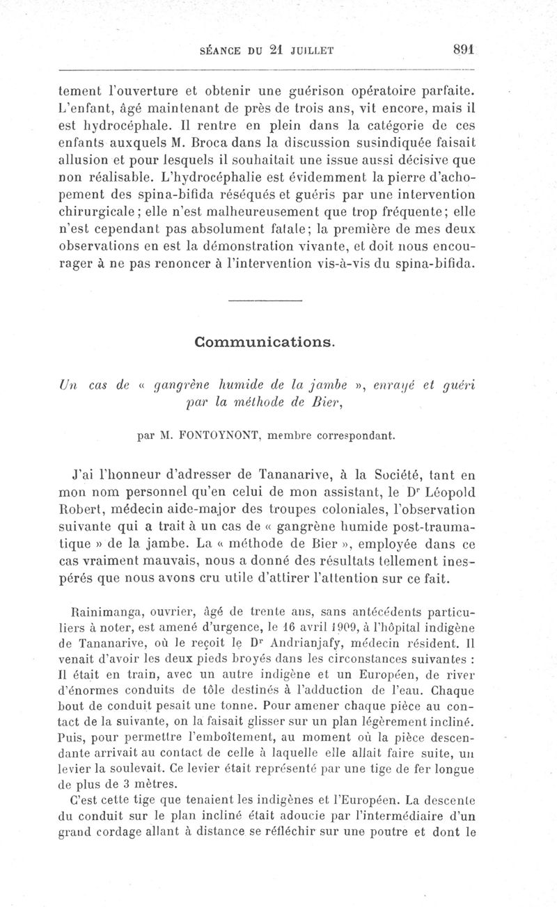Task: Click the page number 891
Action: click(463, 49)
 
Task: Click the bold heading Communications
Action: click(265, 342)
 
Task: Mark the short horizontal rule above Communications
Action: click(265, 300)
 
